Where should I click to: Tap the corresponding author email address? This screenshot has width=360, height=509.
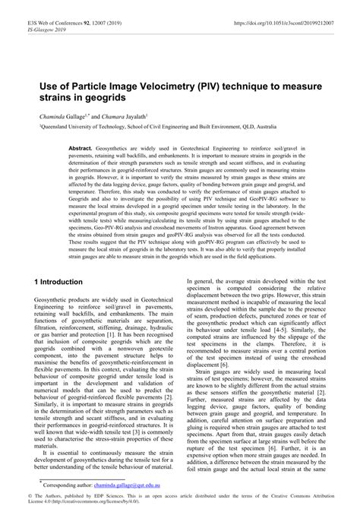[145, 483]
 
